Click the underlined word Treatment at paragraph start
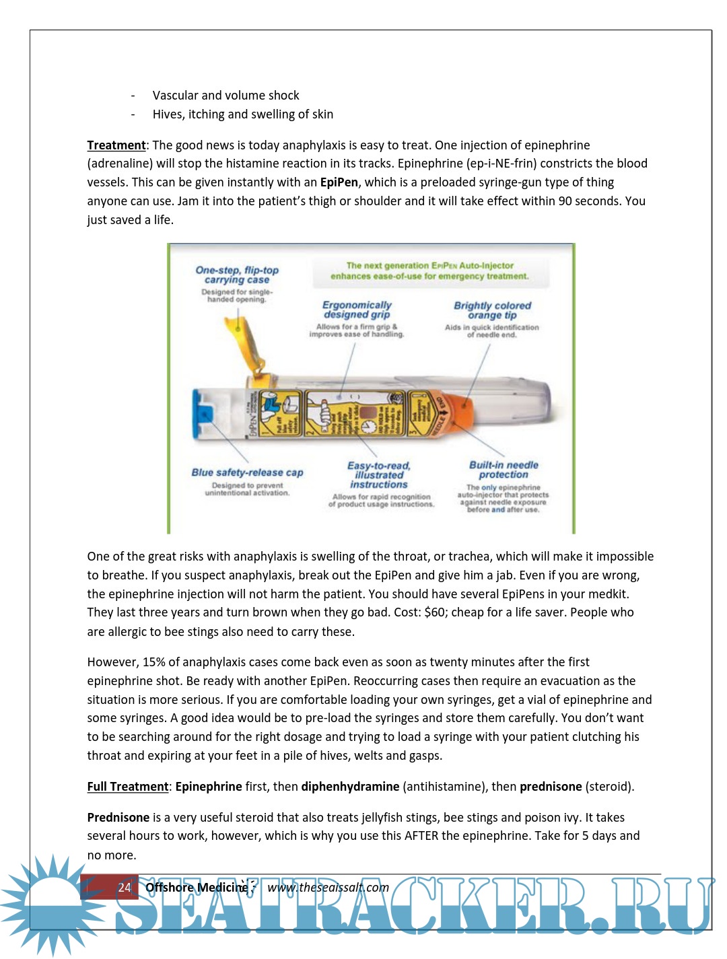point(116,145)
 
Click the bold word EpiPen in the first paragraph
point(339,182)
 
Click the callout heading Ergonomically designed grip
point(357,310)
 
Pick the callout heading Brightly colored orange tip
point(492,310)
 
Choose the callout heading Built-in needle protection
point(504,470)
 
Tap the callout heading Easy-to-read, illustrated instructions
point(378,474)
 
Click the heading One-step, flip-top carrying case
point(237,275)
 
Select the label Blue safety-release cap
point(247,472)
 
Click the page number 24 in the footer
point(125,887)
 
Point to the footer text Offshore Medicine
point(196,887)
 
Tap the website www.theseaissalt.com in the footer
point(328,887)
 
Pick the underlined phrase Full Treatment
point(127,787)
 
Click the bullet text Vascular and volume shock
point(226,96)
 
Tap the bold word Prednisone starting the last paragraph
point(118,818)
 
